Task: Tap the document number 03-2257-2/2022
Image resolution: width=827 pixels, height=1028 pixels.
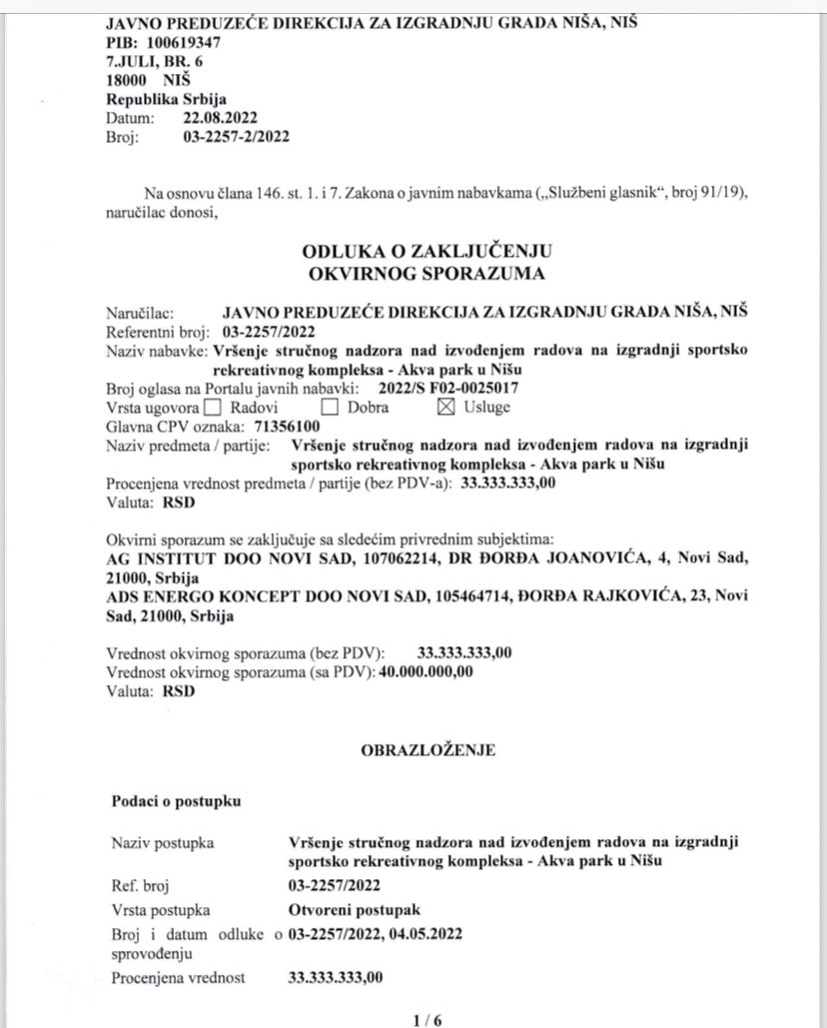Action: (236, 137)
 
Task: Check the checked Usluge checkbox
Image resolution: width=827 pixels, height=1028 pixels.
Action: (445, 408)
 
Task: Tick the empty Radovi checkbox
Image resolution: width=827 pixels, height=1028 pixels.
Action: (212, 408)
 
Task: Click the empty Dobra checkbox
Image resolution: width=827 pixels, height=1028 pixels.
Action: (329, 408)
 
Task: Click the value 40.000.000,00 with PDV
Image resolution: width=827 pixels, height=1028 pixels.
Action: (424, 671)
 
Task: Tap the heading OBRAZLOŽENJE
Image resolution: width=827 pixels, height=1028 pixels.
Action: (427, 749)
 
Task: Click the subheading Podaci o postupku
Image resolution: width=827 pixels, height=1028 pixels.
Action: (176, 801)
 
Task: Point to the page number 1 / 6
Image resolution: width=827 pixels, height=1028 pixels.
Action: (426, 1020)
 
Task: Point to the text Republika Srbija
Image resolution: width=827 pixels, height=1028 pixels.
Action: (166, 99)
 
